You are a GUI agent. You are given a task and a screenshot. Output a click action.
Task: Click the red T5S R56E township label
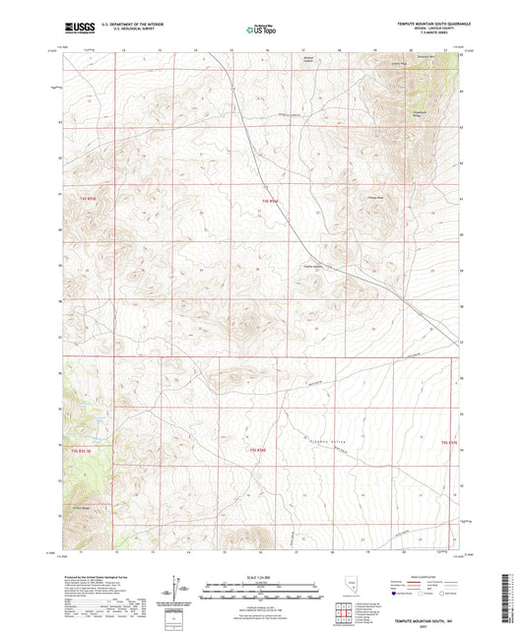coord(258,451)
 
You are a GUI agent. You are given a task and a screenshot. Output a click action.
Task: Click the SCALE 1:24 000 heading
coord(261,577)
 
